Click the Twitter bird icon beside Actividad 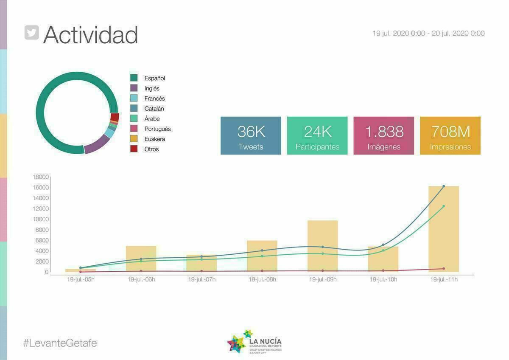[x=32, y=33]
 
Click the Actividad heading [x=90, y=34]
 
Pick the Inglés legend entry [x=152, y=88]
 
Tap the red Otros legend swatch [x=134, y=149]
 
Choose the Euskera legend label [x=154, y=139]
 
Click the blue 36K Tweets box [x=251, y=135]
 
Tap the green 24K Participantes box [x=317, y=135]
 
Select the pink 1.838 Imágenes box [x=383, y=135]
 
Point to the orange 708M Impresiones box [x=450, y=135]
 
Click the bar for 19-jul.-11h [x=444, y=229]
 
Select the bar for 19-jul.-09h [x=323, y=246]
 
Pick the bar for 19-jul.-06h [x=141, y=259]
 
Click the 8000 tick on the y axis [x=42, y=230]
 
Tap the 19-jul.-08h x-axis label [x=262, y=279]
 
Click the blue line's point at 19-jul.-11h [x=444, y=186]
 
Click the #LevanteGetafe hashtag [x=60, y=343]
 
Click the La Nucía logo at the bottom [x=255, y=342]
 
